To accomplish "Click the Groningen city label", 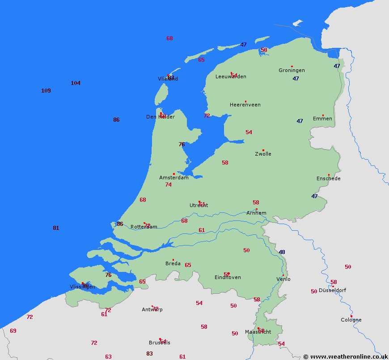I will [x=292, y=70].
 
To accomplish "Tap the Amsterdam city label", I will [x=174, y=178].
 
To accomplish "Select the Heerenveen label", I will [x=245, y=105].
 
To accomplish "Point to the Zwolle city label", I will [x=263, y=154].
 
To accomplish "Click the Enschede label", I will [x=329, y=178].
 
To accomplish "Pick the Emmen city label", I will [x=322, y=119].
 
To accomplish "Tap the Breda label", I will [x=173, y=263].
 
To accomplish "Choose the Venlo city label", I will [x=283, y=279].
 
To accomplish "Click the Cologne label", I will [x=351, y=320].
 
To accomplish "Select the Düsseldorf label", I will [x=332, y=290].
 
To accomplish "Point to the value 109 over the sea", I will [x=46, y=91].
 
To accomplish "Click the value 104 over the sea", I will [x=76, y=83].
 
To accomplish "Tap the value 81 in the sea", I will [x=56, y=228].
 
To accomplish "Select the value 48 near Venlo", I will [x=282, y=252].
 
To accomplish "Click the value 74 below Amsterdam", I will [x=168, y=185].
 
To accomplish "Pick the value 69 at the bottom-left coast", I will [x=13, y=331].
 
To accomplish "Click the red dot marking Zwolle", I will [x=263, y=150].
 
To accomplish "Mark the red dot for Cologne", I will [x=351, y=316].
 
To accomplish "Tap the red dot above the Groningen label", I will [x=292, y=66].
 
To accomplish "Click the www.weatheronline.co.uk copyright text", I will [x=345, y=356].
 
